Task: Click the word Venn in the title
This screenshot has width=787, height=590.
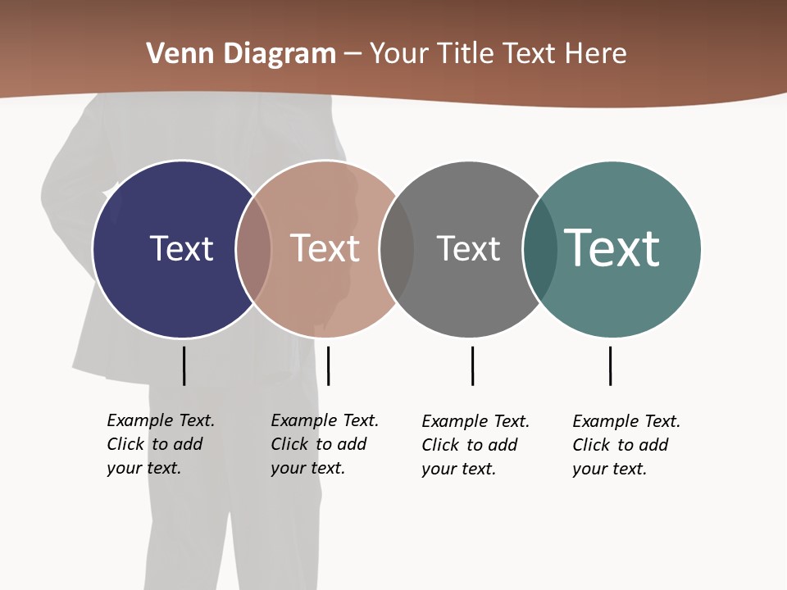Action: coord(175,54)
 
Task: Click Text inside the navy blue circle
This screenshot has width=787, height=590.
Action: coord(181,248)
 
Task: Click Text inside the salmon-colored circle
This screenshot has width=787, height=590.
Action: coord(325,248)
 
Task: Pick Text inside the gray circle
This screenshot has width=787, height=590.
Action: coord(468,248)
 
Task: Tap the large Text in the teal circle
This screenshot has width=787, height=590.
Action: coord(612,248)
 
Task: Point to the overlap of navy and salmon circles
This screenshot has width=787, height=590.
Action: coord(253,249)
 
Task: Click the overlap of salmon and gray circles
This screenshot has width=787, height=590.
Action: coord(397,249)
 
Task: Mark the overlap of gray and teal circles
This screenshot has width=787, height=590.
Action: coord(540,249)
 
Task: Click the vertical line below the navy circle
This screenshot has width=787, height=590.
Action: coord(184,365)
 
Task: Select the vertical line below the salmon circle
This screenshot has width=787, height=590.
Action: coord(328,365)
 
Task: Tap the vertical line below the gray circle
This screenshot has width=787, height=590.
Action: coord(472,365)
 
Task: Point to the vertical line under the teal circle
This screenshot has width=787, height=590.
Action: coord(610,365)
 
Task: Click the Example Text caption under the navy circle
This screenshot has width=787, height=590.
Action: coord(161,444)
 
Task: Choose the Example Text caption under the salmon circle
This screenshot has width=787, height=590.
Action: coord(325,444)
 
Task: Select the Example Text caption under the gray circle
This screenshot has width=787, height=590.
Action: coord(475,445)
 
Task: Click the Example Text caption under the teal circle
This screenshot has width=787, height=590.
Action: coord(626,445)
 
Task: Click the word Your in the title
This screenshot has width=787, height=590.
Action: coord(400,54)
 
